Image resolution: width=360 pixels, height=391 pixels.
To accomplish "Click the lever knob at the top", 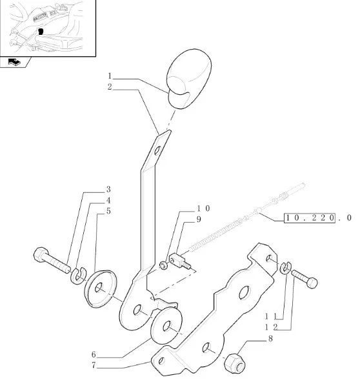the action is click(189, 79).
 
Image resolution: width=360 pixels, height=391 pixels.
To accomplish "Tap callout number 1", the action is click(110, 75).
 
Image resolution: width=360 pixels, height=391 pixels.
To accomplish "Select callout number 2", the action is click(110, 87).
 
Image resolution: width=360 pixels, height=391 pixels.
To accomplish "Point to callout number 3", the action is click(108, 189).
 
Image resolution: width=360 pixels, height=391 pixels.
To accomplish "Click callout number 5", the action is click(108, 211).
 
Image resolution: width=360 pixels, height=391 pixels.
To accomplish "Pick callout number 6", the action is click(94, 354).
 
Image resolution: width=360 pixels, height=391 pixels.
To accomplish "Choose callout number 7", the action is click(94, 365).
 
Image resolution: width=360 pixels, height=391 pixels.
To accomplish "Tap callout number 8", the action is click(270, 339).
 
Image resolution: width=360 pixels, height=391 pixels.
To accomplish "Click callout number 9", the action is click(199, 219).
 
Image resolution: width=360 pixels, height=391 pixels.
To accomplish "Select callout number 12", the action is click(271, 327).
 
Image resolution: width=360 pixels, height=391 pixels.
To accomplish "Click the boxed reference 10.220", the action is click(310, 217).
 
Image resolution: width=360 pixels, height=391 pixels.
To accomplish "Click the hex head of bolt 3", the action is click(41, 255).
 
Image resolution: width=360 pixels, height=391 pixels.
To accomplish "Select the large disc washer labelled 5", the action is click(101, 289).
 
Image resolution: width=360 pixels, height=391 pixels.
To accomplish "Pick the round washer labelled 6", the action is click(167, 326).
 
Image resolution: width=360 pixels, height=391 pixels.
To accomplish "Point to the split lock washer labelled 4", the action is click(78, 276).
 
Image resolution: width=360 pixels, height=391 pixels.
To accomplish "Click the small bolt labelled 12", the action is click(305, 279).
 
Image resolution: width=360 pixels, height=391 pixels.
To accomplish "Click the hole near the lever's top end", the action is click(157, 150).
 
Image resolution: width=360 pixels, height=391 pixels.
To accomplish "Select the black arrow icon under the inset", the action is click(14, 62).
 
